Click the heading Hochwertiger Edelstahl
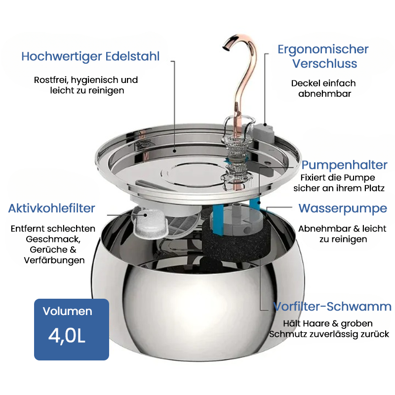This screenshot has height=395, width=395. point(90,56)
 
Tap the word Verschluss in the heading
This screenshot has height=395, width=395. point(324,64)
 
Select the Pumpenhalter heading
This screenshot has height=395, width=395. point(344,165)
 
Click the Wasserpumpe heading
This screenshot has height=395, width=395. point(343,208)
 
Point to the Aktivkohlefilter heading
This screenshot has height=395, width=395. point(52,208)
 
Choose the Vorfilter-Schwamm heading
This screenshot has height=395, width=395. point(332,307)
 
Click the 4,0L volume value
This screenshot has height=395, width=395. point(67,336)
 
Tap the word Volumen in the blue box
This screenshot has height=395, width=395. point(68,312)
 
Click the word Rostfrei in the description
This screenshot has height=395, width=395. point(51,80)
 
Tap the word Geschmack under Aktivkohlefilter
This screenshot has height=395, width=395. point(53,239)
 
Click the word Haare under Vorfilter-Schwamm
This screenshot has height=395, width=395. point(315,323)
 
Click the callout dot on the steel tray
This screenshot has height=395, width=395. point(174,151)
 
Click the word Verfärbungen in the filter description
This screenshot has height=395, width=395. point(54,261)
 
